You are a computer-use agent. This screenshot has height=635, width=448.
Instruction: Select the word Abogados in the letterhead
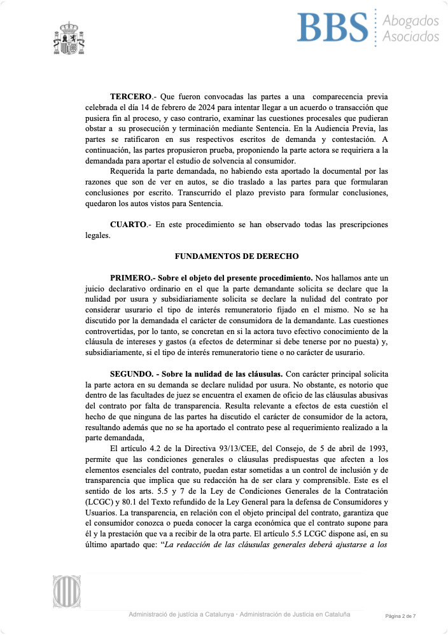click(x=410, y=21)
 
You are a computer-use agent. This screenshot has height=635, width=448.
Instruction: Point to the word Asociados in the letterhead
click(x=410, y=36)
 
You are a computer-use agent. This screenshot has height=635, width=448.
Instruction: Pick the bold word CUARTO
click(x=129, y=225)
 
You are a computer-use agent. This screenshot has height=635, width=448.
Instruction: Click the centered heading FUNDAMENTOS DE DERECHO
click(x=236, y=256)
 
